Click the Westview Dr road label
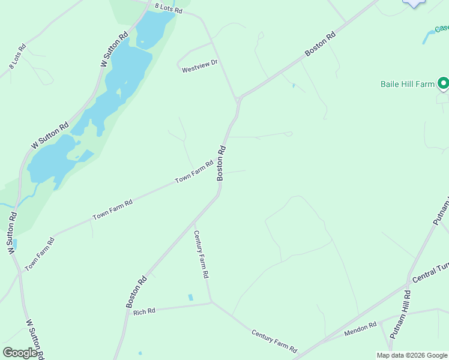click(200, 70)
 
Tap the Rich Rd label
click(144, 311)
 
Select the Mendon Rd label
click(360, 329)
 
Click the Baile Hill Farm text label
click(407, 85)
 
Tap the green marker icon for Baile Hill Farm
click(443, 83)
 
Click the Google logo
click(20, 353)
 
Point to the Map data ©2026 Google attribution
click(412, 355)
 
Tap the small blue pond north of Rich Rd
click(191, 297)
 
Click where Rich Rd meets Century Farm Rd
click(211, 302)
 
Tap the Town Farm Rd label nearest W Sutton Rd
click(40, 254)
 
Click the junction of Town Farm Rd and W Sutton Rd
click(20, 272)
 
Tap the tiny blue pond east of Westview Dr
click(293, 86)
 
